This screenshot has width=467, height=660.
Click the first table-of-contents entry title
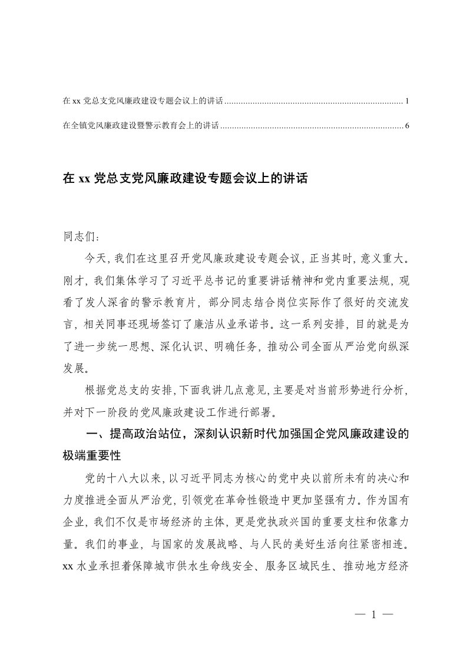[x=143, y=101]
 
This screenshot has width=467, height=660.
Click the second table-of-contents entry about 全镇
[x=141, y=125]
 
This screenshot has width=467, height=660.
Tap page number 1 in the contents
[x=407, y=101]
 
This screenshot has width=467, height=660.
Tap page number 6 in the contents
[x=407, y=125]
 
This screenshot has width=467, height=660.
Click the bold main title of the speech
[x=185, y=178]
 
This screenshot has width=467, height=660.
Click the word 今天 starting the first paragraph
[x=95, y=260]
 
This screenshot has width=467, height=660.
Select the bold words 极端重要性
[x=91, y=456]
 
